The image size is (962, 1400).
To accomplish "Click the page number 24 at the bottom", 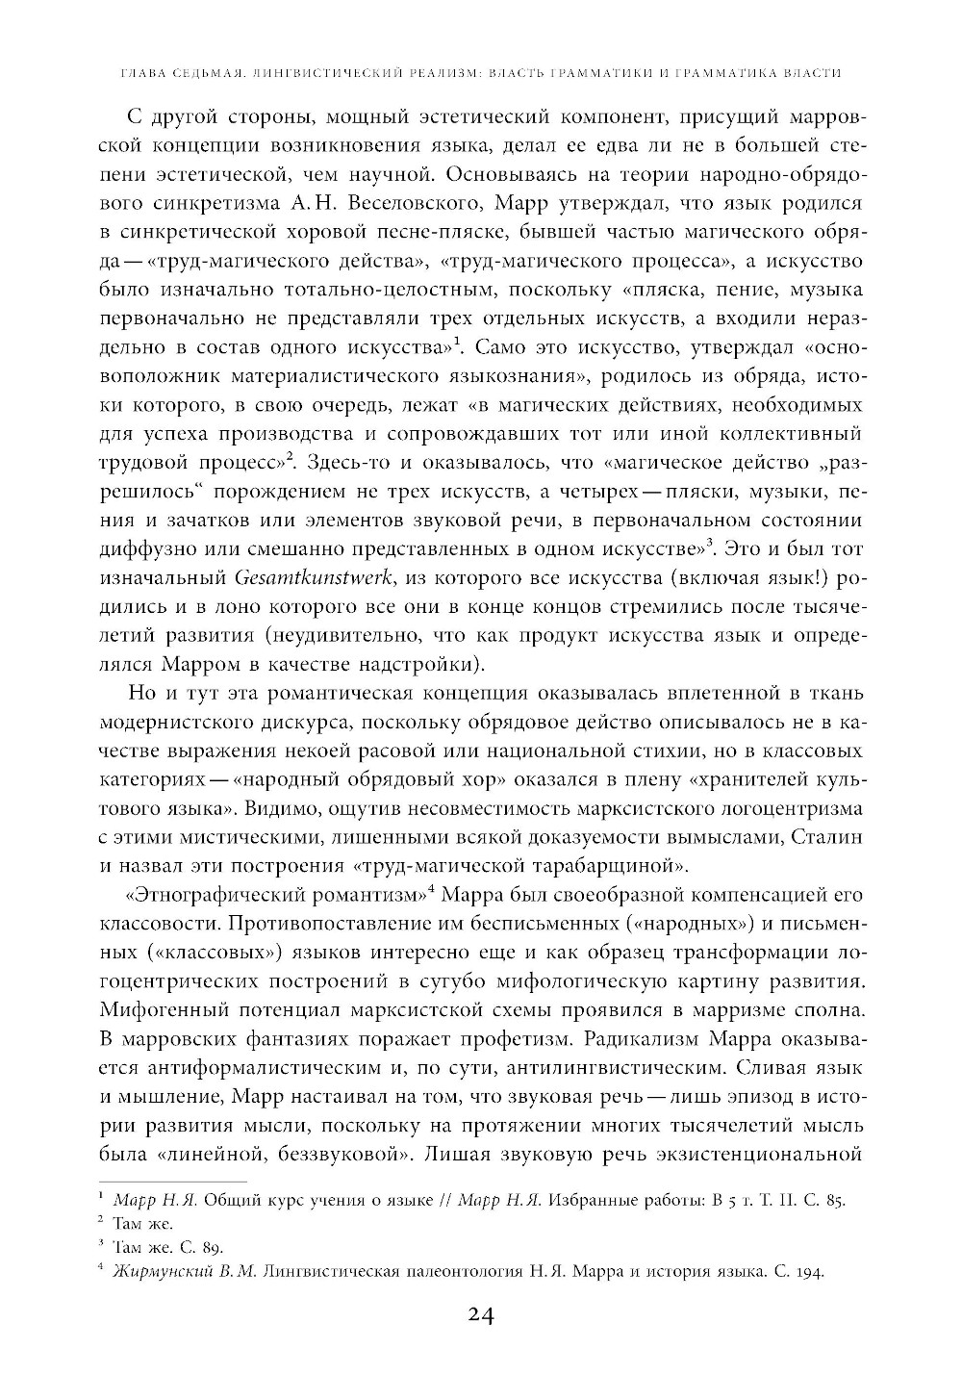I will click(x=479, y=1315).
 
